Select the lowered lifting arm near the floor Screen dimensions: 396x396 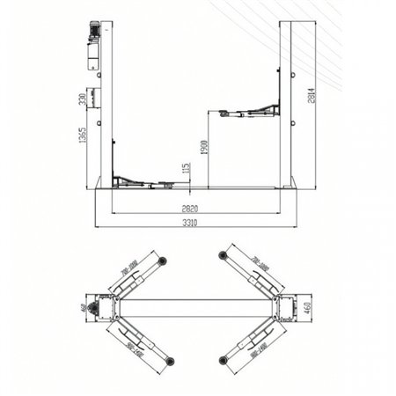coord(141,180)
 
